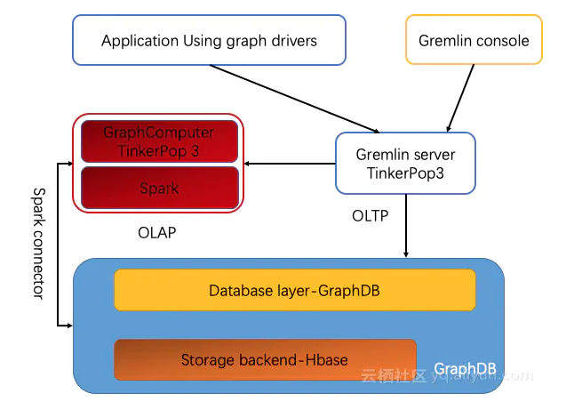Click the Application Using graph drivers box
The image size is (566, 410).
coord(209,41)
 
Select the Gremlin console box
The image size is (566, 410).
coord(474,41)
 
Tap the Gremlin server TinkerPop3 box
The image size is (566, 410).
coord(405,163)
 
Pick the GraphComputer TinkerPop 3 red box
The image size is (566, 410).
coord(160,141)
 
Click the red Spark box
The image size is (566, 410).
coord(160,188)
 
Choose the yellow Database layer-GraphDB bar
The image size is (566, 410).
coord(295,290)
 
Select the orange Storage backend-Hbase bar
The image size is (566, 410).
coord(265,359)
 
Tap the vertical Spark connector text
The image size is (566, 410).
coord(38,242)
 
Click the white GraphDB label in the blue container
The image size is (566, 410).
coord(462,368)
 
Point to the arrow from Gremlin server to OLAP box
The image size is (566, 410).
coord(290,163)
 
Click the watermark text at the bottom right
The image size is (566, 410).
coord(444,376)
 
